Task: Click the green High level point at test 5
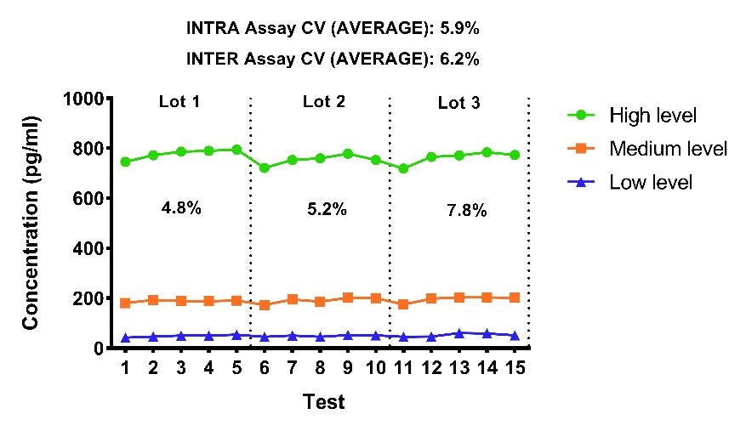click(x=236, y=150)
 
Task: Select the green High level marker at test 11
click(x=403, y=168)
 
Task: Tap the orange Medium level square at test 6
click(x=265, y=305)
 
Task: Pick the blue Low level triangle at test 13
click(x=459, y=333)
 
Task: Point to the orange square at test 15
click(x=515, y=298)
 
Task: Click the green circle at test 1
click(x=125, y=162)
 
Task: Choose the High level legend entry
click(x=632, y=116)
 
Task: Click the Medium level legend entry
click(x=647, y=149)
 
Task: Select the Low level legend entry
click(x=630, y=183)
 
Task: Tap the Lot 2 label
click(x=324, y=101)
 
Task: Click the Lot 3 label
click(x=459, y=103)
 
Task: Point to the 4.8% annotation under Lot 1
click(x=181, y=208)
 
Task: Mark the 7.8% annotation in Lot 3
click(x=467, y=210)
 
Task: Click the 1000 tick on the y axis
click(x=83, y=99)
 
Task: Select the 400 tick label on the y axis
click(x=88, y=248)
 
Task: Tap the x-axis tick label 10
click(x=376, y=367)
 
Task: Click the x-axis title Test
click(x=324, y=401)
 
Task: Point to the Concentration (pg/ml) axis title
click(x=31, y=223)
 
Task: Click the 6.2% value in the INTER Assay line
click(x=459, y=59)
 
